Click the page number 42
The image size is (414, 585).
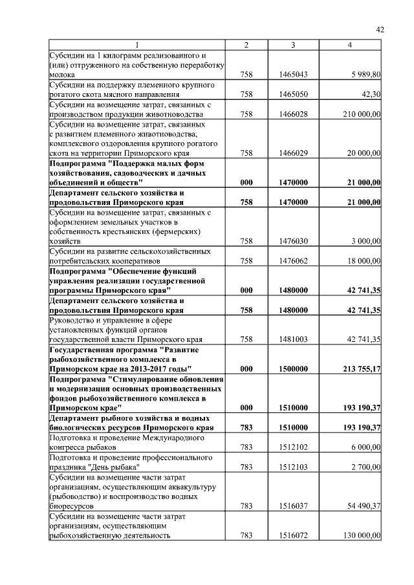(x=380, y=29)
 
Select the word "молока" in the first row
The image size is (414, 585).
(x=63, y=75)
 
